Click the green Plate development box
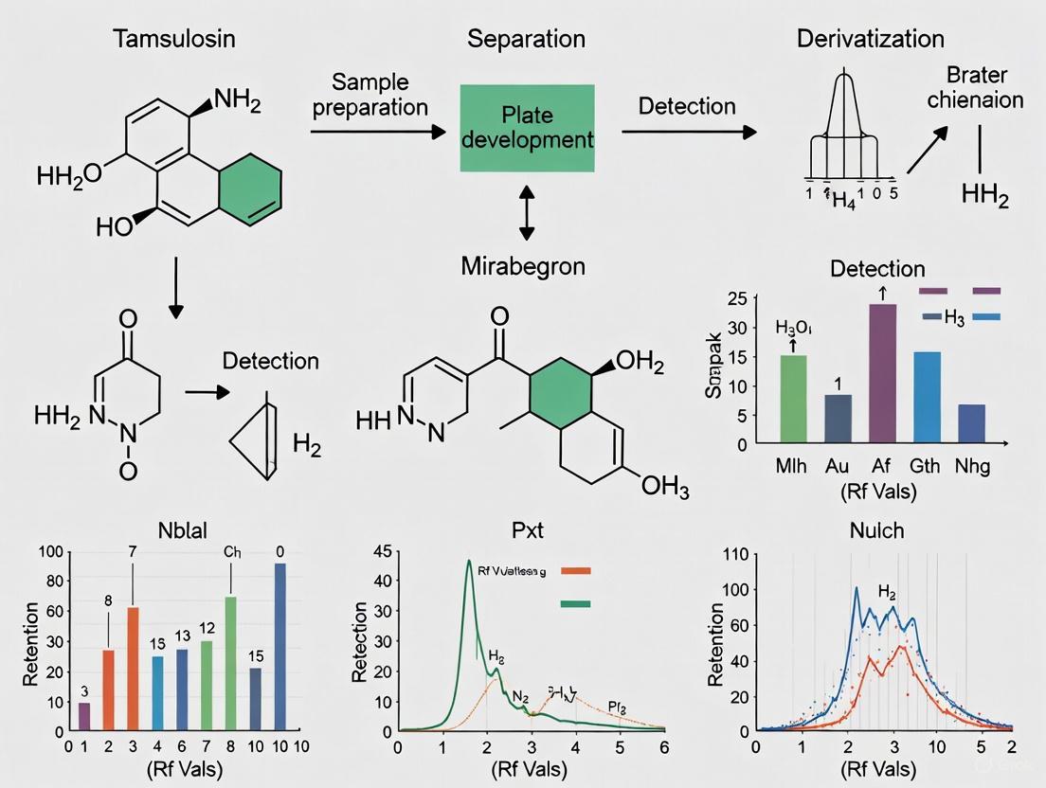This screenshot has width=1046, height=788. point(527,128)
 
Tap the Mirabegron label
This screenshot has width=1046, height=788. point(523,266)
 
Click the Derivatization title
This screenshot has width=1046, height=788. point(870,40)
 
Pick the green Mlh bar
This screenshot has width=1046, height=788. point(792,399)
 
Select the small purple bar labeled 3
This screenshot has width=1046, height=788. point(84,716)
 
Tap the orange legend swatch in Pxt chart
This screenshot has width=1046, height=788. point(576,571)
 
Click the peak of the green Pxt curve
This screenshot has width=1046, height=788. point(468,562)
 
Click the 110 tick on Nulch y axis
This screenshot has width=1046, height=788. point(736,553)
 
